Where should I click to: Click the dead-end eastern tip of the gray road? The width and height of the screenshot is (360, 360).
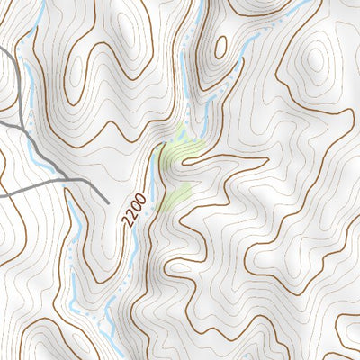coord(108,201)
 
